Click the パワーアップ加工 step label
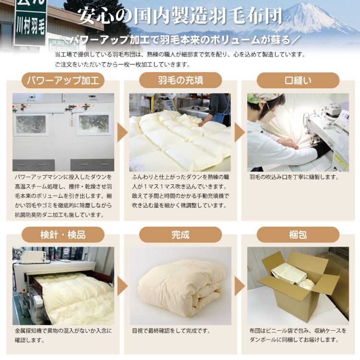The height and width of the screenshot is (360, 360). pos(63,80)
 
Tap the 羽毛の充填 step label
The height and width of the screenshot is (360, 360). pos(180,80)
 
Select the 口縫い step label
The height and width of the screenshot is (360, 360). pos(298,80)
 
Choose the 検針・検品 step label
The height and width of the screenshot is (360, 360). pos(63,235)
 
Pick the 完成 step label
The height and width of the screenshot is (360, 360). pos(180,235)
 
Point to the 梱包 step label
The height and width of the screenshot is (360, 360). pos(298,235)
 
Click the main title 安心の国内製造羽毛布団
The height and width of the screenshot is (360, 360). pos(180,16)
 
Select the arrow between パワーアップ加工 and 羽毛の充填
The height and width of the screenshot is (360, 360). pos(122,132)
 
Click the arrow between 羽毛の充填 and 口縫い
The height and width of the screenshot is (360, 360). pos(240,132)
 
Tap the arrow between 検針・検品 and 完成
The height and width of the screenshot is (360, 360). pos(122,287)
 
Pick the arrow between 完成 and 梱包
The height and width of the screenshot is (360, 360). pos(240,287)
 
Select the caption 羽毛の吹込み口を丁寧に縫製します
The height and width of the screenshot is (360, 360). pos(294,177)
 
